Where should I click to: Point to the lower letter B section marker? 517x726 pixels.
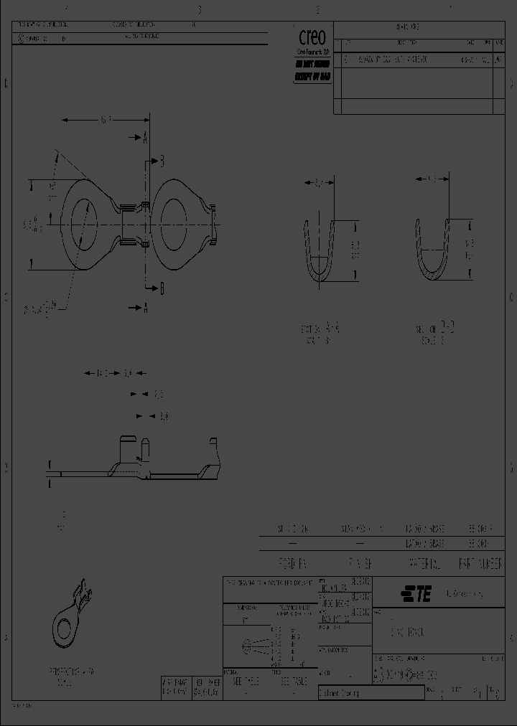162,288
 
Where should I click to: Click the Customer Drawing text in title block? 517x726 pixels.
340,693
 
